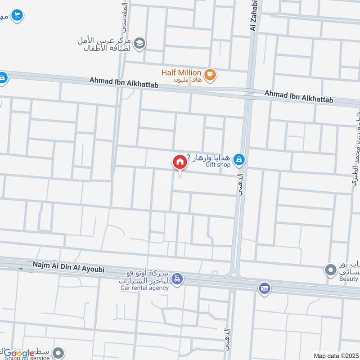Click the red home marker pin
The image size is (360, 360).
pyautogui.click(x=180, y=162)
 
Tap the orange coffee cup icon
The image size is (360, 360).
pyautogui.click(x=210, y=75)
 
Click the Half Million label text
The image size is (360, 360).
pyautogui.click(x=181, y=72)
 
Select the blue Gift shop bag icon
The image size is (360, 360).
pyautogui.click(x=239, y=159)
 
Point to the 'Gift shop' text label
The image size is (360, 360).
pyautogui.click(x=218, y=165)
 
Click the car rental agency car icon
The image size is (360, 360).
pyautogui.click(x=178, y=279)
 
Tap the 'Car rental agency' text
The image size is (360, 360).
pyautogui.click(x=144, y=288)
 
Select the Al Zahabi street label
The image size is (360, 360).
pyautogui.click(x=253, y=16)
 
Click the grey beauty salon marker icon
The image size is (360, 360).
pyautogui.click(x=331, y=270)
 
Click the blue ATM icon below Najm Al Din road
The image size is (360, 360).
pyautogui.click(x=265, y=287)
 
